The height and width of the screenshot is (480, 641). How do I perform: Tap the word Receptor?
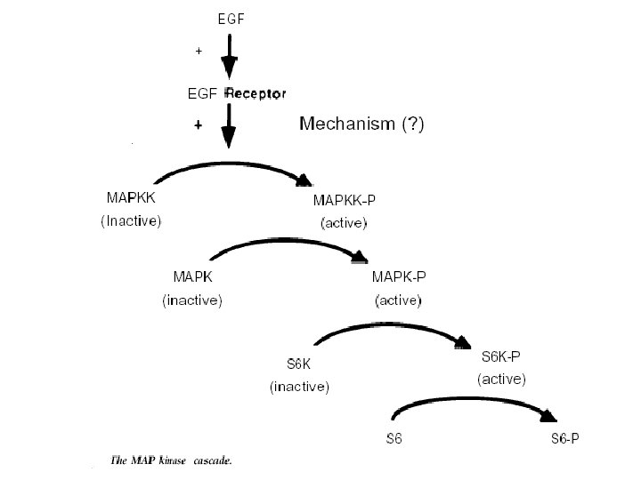coord(257,92)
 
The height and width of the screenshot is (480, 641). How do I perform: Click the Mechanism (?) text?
coord(361,124)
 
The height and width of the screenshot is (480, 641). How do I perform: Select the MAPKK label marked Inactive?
coord(130,200)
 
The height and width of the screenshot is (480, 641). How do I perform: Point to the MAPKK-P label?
coord(344,200)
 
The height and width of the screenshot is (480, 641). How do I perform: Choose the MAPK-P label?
coord(399,279)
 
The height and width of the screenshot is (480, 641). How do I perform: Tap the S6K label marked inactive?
coord(299,364)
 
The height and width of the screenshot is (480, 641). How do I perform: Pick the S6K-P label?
coord(501,356)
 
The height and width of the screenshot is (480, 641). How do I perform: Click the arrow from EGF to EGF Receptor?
coord(229,57)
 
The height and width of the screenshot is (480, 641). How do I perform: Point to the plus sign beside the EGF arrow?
coord(199,52)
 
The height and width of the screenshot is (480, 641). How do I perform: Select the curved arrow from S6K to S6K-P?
coord(392,327)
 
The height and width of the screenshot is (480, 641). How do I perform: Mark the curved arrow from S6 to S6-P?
coord(472,399)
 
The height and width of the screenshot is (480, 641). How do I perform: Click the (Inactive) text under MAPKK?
coord(130,221)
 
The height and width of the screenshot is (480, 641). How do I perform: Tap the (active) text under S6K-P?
coord(502,379)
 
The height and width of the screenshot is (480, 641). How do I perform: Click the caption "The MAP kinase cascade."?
coord(171,460)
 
